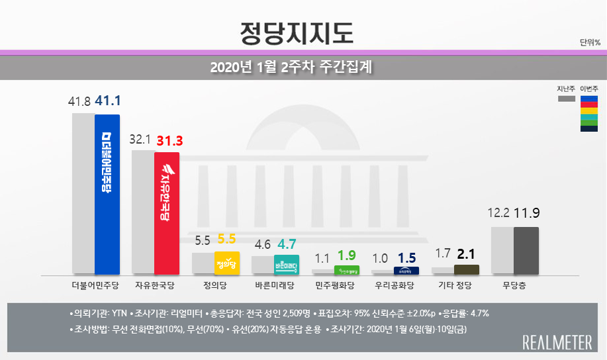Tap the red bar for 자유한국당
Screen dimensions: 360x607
[167, 213]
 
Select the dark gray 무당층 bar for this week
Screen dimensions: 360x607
[526, 251]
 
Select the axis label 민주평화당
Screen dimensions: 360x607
[335, 286]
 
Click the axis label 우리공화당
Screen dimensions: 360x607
[395, 286]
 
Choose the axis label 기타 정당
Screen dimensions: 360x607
[455, 286]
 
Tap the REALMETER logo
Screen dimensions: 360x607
[557, 342]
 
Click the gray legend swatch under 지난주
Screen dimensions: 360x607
[566, 99]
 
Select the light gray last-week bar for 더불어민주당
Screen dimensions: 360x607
[83, 194]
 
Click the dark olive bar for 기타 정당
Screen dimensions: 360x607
[467, 269]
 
